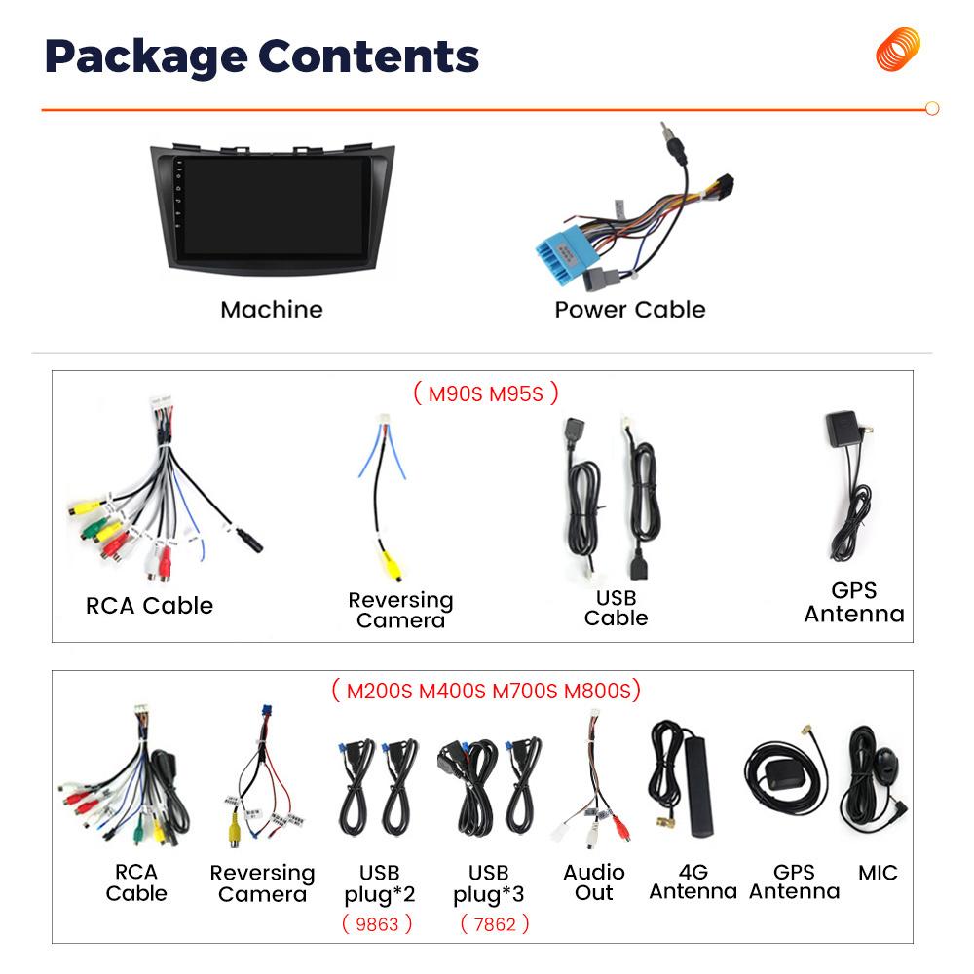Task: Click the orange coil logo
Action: point(898,49)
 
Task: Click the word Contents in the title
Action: point(368,56)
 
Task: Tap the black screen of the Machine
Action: point(274,206)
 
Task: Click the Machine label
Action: point(272,310)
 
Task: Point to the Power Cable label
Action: point(630,310)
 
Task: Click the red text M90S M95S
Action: point(486,393)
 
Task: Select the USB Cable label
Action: point(616,608)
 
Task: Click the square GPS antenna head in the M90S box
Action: point(843,428)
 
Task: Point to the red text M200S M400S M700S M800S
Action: point(488,691)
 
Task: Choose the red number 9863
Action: point(377,924)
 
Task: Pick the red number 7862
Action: point(495,924)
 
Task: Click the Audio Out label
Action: point(594,882)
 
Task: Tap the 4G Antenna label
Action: point(693,881)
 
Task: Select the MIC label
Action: point(878,873)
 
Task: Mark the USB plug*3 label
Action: point(488,884)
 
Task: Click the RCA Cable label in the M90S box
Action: point(149,606)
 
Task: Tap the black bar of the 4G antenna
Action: point(698,786)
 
